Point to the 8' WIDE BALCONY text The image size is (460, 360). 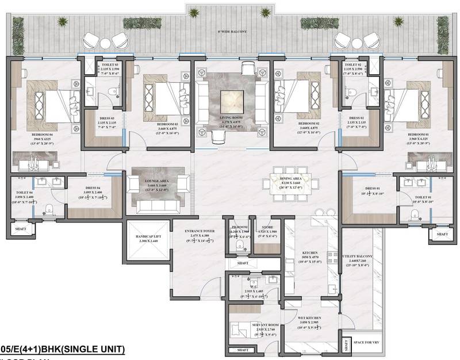(x=229, y=32)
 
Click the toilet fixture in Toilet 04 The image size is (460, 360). (x=49, y=208)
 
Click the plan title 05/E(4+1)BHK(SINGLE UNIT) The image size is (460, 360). (x=62, y=348)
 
